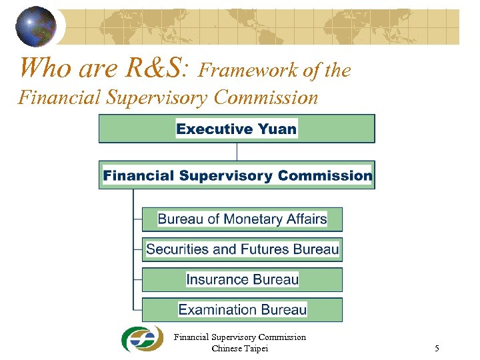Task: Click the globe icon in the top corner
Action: point(36,25)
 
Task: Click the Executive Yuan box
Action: point(237,129)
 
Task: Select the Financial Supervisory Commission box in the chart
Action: point(237,175)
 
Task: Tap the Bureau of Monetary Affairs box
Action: point(242,219)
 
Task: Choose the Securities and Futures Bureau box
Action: point(242,249)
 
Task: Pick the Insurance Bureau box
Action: point(242,279)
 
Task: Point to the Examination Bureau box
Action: point(242,309)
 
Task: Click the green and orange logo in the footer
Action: point(141,339)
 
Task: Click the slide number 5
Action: point(437,348)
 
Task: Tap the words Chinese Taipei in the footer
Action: point(239,348)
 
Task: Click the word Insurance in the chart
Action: point(219,279)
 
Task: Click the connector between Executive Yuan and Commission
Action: point(237,151)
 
